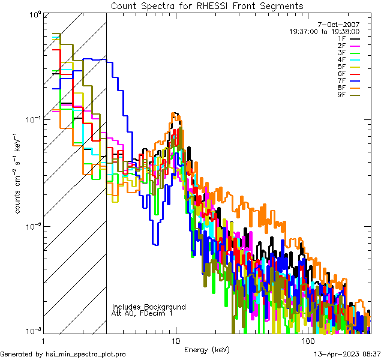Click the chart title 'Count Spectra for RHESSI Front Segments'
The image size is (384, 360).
tap(207, 5)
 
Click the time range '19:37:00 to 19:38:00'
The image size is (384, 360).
tap(325, 31)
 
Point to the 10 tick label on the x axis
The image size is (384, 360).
tap(175, 341)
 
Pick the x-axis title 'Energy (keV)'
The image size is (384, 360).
tap(206, 350)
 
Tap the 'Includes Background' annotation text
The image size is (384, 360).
tap(149, 307)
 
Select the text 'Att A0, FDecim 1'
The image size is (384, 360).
tap(142, 313)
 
